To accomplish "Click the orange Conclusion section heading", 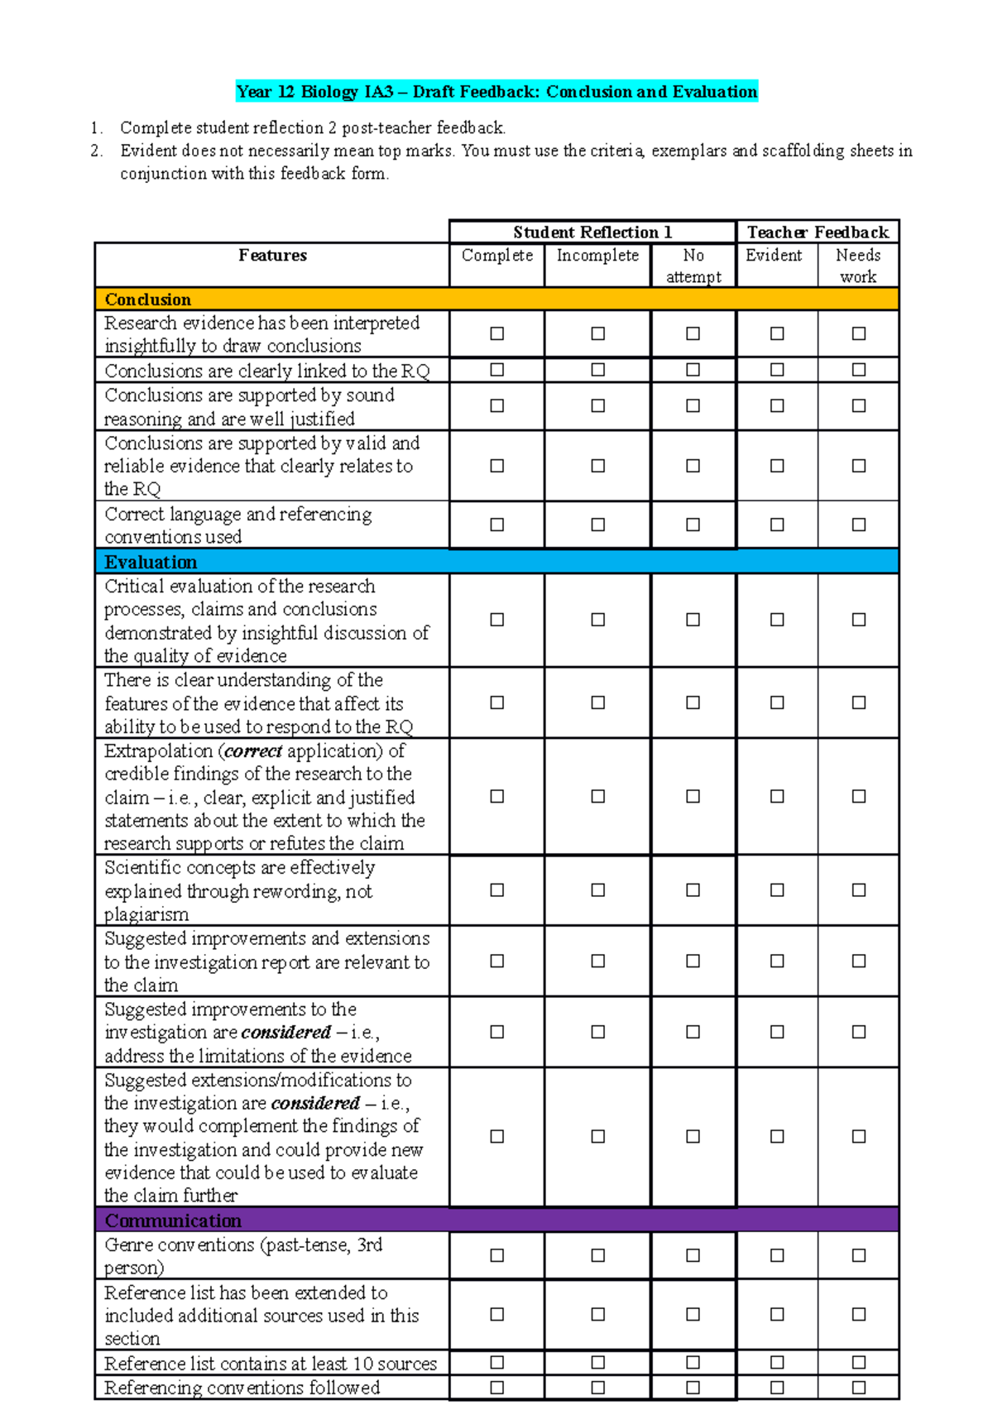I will (148, 300).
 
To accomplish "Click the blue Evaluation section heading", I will (151, 562).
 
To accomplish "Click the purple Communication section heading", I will (173, 1220).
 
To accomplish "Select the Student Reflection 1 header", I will (592, 232).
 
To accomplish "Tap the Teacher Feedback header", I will (818, 232).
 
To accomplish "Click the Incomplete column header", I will (597, 256).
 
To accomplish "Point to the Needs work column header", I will (858, 266).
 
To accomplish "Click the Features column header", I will (272, 256).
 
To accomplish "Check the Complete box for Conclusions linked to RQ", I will (496, 370).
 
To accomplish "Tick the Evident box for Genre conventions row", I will (777, 1255).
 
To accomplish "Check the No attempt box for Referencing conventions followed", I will (693, 1387).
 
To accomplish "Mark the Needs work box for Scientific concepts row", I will (859, 890).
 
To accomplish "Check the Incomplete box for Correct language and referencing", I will (597, 525).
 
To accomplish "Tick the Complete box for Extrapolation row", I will (496, 796).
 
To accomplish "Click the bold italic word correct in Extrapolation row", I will (253, 751).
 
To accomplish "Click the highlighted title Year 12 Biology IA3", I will (496, 92).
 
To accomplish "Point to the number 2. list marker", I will (97, 151).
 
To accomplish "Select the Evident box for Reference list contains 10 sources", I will (777, 1362).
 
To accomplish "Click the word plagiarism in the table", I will (146, 914).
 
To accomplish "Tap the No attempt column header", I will (693, 266).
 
